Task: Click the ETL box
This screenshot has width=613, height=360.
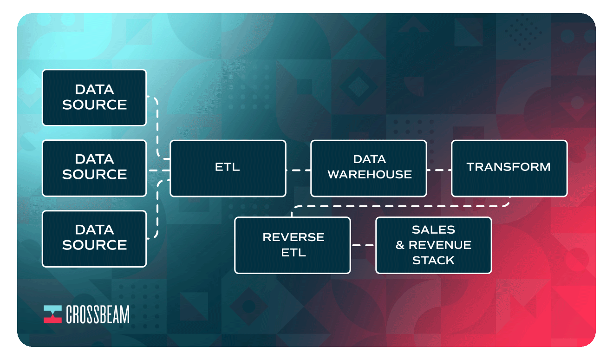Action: tap(228, 168)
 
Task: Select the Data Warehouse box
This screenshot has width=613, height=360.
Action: tap(369, 168)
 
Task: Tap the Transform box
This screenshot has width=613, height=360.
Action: tap(509, 168)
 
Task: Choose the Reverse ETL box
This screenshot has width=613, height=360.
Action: tap(293, 245)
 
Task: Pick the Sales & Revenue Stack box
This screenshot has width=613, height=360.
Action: tap(433, 245)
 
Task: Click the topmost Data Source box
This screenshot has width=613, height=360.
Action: tap(94, 98)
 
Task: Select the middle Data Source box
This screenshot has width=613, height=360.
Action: tap(94, 168)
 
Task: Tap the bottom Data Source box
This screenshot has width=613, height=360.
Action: tap(94, 238)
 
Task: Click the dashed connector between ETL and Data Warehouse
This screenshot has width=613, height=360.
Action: tap(298, 170)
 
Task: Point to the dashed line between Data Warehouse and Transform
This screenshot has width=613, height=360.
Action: tap(439, 170)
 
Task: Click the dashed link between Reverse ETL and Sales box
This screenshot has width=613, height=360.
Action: tap(363, 245)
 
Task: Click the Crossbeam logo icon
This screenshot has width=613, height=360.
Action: tap(52, 314)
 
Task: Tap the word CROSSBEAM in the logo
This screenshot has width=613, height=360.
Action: tap(98, 314)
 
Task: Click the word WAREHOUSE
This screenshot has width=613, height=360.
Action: tap(370, 174)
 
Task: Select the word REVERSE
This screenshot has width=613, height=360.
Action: tap(293, 237)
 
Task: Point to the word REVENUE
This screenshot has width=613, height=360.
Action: tap(440, 245)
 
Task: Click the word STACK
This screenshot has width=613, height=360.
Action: tap(433, 260)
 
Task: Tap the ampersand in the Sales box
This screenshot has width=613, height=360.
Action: tap(400, 245)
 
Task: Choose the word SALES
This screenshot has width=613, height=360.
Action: tap(433, 229)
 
